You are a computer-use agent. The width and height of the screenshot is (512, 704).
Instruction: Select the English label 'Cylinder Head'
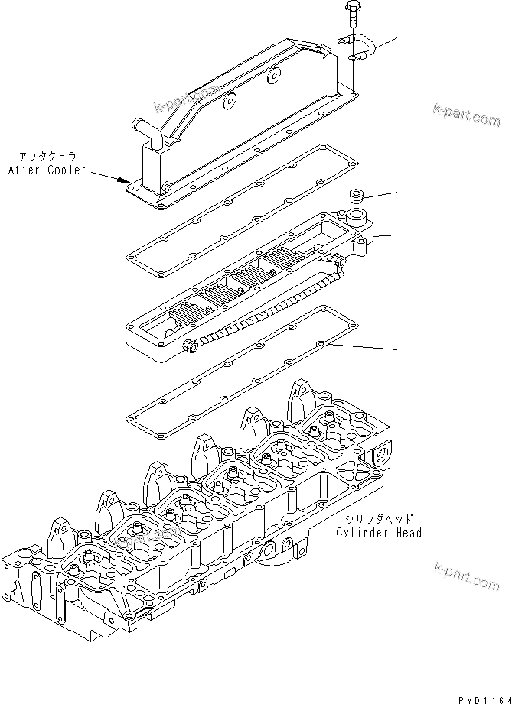[x=378, y=533]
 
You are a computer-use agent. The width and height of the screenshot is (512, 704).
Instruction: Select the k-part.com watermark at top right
[x=466, y=115]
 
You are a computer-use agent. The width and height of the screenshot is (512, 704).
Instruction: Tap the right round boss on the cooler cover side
[x=273, y=76]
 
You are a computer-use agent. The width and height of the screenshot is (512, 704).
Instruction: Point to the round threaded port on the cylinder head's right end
[x=382, y=458]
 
